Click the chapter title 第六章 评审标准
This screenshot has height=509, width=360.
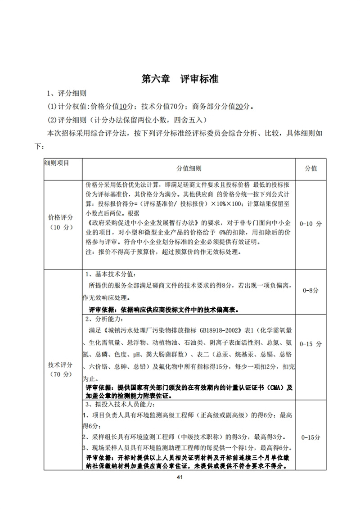click(180, 79)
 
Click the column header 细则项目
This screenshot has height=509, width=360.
click(57, 162)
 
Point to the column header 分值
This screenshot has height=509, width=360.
click(311, 168)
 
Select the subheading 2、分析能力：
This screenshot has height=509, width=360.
click(103, 320)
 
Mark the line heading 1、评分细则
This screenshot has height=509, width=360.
click(67, 94)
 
